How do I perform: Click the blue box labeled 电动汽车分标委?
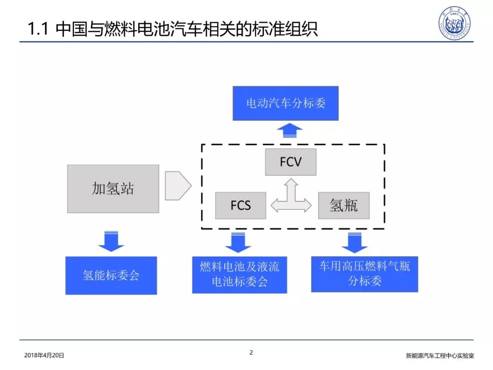285,103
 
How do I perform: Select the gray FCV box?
290,162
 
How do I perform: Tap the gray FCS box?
241,206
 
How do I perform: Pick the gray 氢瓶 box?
344,206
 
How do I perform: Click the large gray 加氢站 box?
113,189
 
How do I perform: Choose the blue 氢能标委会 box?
111,275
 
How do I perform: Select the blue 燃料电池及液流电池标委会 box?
240,275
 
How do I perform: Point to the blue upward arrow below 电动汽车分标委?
289,130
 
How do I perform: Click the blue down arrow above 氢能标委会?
111,241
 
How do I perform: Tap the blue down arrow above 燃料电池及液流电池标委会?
238,243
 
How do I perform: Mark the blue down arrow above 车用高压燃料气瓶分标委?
355,243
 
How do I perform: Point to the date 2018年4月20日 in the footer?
44,355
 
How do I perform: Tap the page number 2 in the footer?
251,353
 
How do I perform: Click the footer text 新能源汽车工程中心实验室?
440,355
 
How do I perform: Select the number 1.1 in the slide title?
38,29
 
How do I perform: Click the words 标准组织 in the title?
286,29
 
